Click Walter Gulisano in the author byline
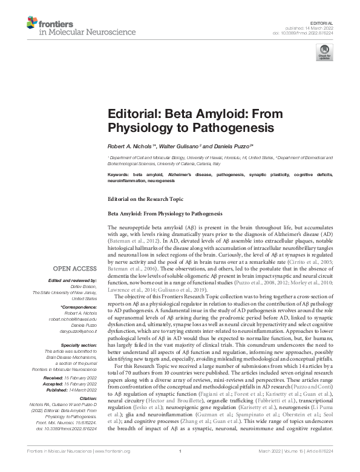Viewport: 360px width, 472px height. [x=180, y=146]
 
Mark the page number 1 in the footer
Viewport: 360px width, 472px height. [x=180, y=467]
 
